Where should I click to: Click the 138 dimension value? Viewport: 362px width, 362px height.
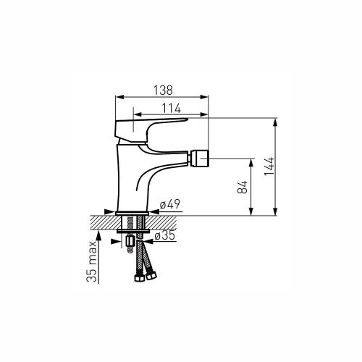[x=164, y=90]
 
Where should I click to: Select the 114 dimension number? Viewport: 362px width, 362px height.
[x=171, y=109]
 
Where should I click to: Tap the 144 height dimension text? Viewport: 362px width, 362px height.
[x=269, y=167]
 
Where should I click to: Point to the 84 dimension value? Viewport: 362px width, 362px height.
[x=243, y=187]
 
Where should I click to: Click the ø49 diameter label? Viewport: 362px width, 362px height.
[x=170, y=204]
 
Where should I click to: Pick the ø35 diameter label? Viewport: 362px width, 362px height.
[x=164, y=235]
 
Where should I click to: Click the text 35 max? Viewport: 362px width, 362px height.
[x=92, y=261]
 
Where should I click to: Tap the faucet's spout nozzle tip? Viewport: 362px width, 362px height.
[x=200, y=159]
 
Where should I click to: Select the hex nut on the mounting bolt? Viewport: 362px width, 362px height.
[x=130, y=241]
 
